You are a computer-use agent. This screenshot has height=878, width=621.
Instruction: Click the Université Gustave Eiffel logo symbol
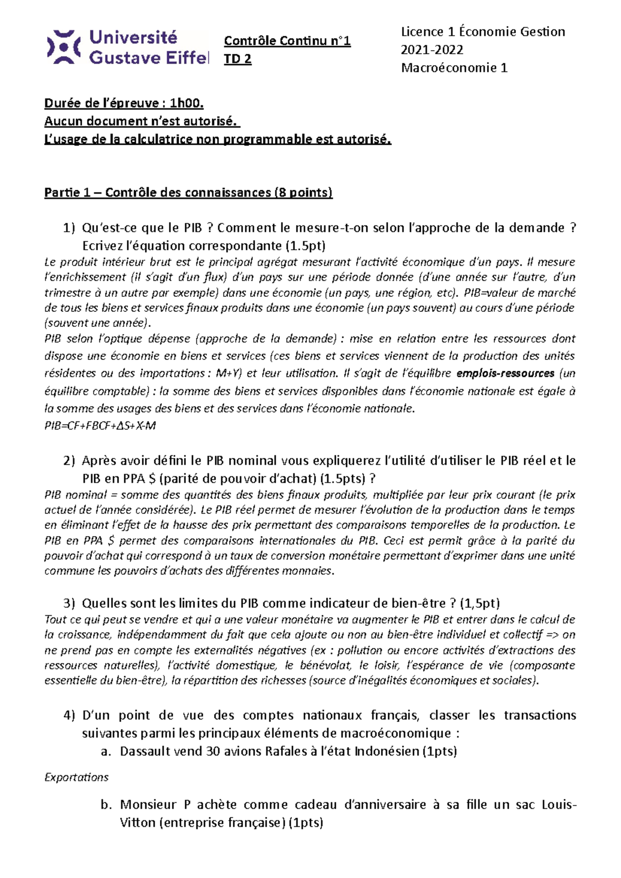[64, 47]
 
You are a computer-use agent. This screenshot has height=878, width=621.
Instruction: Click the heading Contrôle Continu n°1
[287, 41]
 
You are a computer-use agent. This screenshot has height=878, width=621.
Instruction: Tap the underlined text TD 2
[238, 59]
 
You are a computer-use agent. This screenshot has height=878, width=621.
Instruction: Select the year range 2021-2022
[432, 50]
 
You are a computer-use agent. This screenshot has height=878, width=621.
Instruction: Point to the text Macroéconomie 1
[454, 68]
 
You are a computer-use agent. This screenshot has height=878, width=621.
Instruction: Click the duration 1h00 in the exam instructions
[186, 103]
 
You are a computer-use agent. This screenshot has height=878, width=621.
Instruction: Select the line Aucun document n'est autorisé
[141, 122]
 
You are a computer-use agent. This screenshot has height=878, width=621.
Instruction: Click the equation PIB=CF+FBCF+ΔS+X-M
[100, 426]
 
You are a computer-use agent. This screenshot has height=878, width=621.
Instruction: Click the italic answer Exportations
[77, 777]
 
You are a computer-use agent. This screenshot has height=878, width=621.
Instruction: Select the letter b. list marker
[106, 805]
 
